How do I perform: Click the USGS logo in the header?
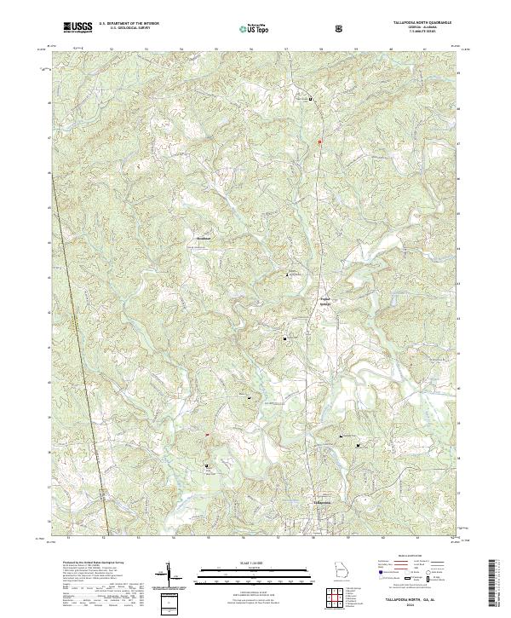(78, 27)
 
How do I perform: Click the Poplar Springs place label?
(324, 300)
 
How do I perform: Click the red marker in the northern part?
(319, 141)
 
